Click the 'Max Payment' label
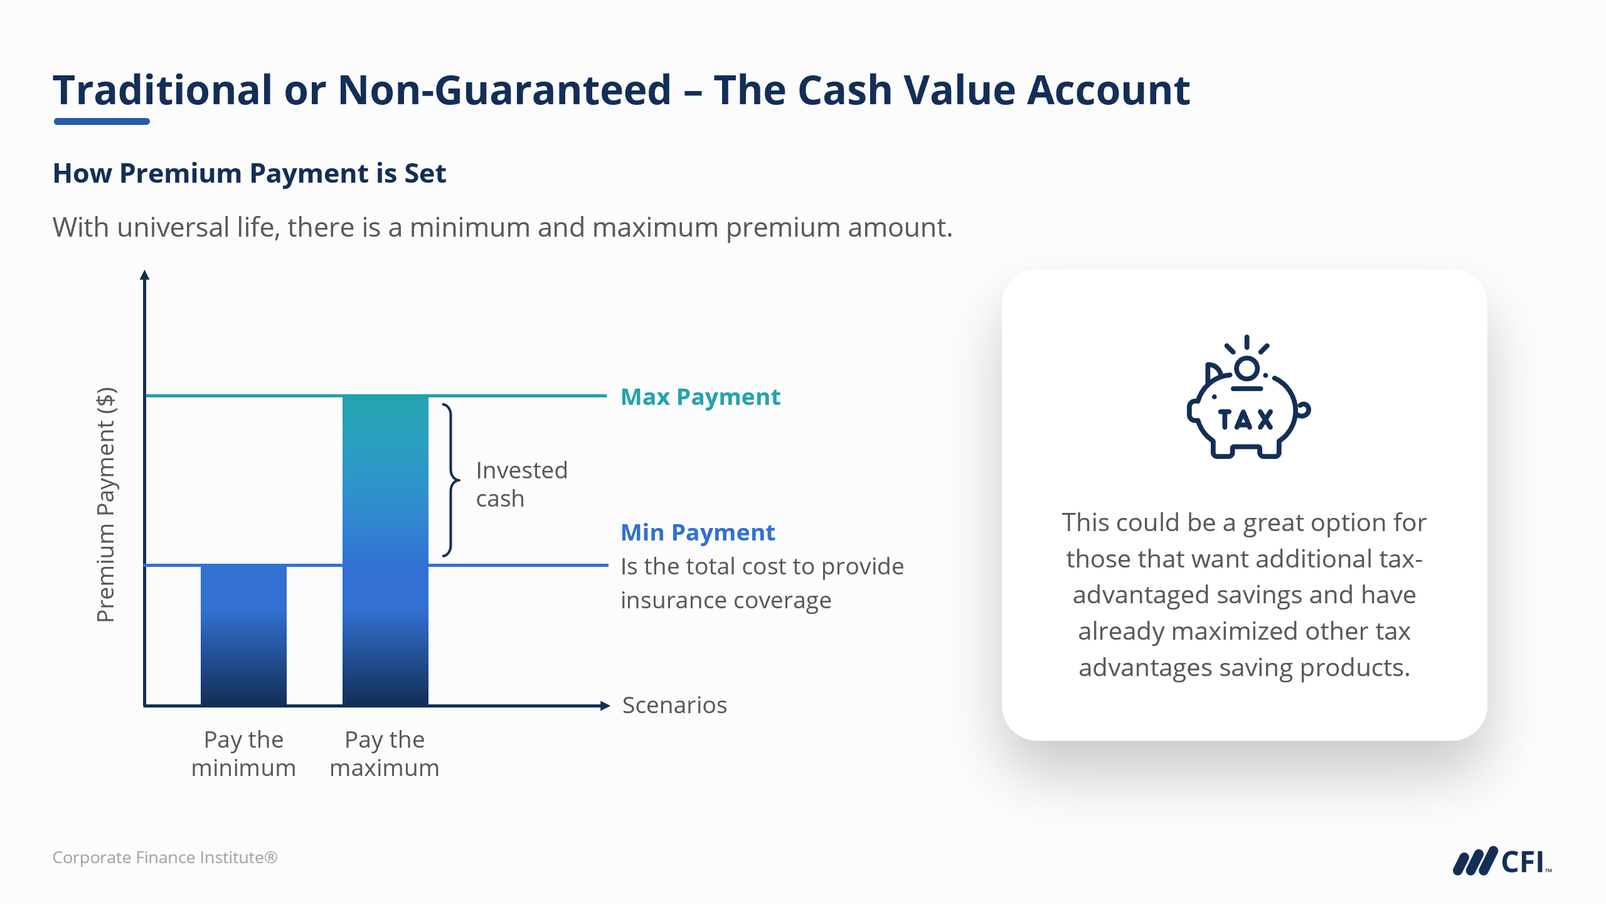[x=700, y=397]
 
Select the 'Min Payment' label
[x=698, y=532]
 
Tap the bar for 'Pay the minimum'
[x=243, y=635]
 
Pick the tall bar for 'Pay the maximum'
[x=385, y=550]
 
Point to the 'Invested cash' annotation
[x=521, y=484]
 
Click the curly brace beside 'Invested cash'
[x=452, y=480]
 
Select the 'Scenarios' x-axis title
[x=674, y=705]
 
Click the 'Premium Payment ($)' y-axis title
[x=106, y=505]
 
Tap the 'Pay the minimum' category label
[x=243, y=753]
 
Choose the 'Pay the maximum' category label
[x=385, y=753]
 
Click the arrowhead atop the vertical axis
[x=144, y=274]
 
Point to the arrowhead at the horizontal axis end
[x=605, y=706]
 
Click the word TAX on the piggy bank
[x=1245, y=419]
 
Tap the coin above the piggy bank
[x=1247, y=369]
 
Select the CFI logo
[x=1502, y=861]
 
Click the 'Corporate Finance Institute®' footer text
[x=165, y=857]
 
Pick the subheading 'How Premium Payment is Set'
[x=250, y=173]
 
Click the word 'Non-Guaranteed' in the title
[x=504, y=90]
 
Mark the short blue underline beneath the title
[x=102, y=121]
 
